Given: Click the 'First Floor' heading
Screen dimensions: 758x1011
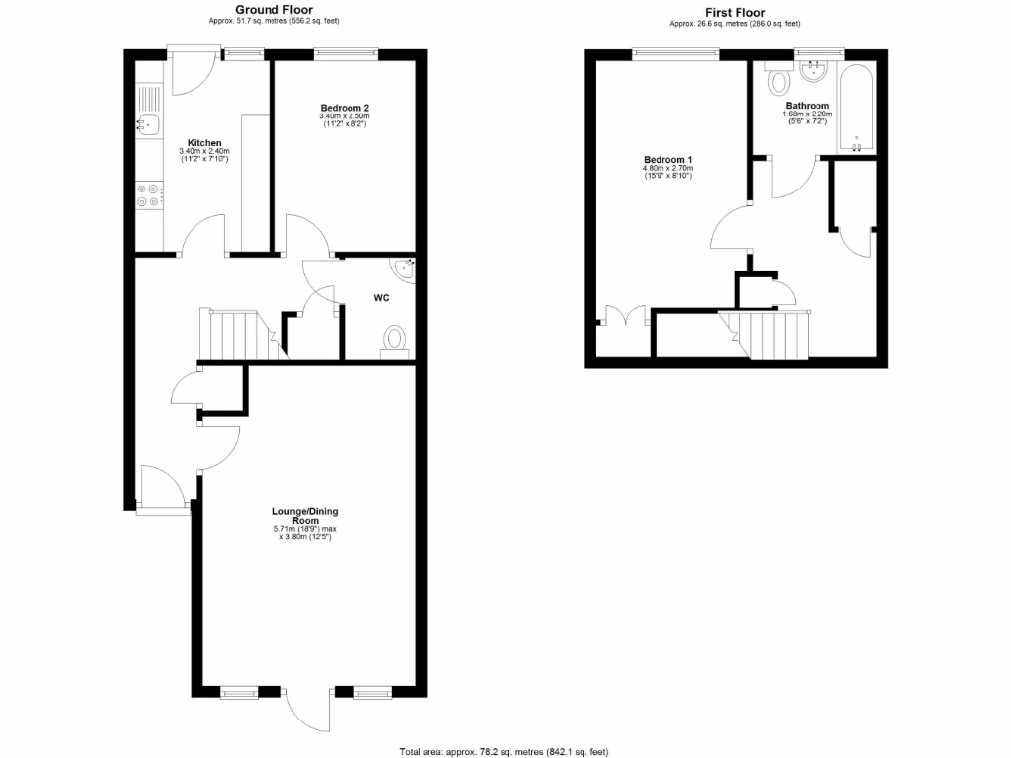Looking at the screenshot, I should point(735,13).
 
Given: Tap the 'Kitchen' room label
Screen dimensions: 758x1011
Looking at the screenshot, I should point(204,143).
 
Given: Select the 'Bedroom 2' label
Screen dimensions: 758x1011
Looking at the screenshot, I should point(344,108).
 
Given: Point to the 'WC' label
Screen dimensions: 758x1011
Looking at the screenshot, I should point(380,296).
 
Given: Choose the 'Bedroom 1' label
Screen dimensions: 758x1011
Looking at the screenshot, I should point(668,160).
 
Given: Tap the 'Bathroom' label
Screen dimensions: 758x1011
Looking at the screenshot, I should point(807,106).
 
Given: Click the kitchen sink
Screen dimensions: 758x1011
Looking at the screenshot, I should point(147,124).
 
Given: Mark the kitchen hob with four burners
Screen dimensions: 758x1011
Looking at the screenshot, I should point(148,195).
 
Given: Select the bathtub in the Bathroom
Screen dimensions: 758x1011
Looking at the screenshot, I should point(856,109).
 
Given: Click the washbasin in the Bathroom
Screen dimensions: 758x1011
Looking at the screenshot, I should point(816,70).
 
